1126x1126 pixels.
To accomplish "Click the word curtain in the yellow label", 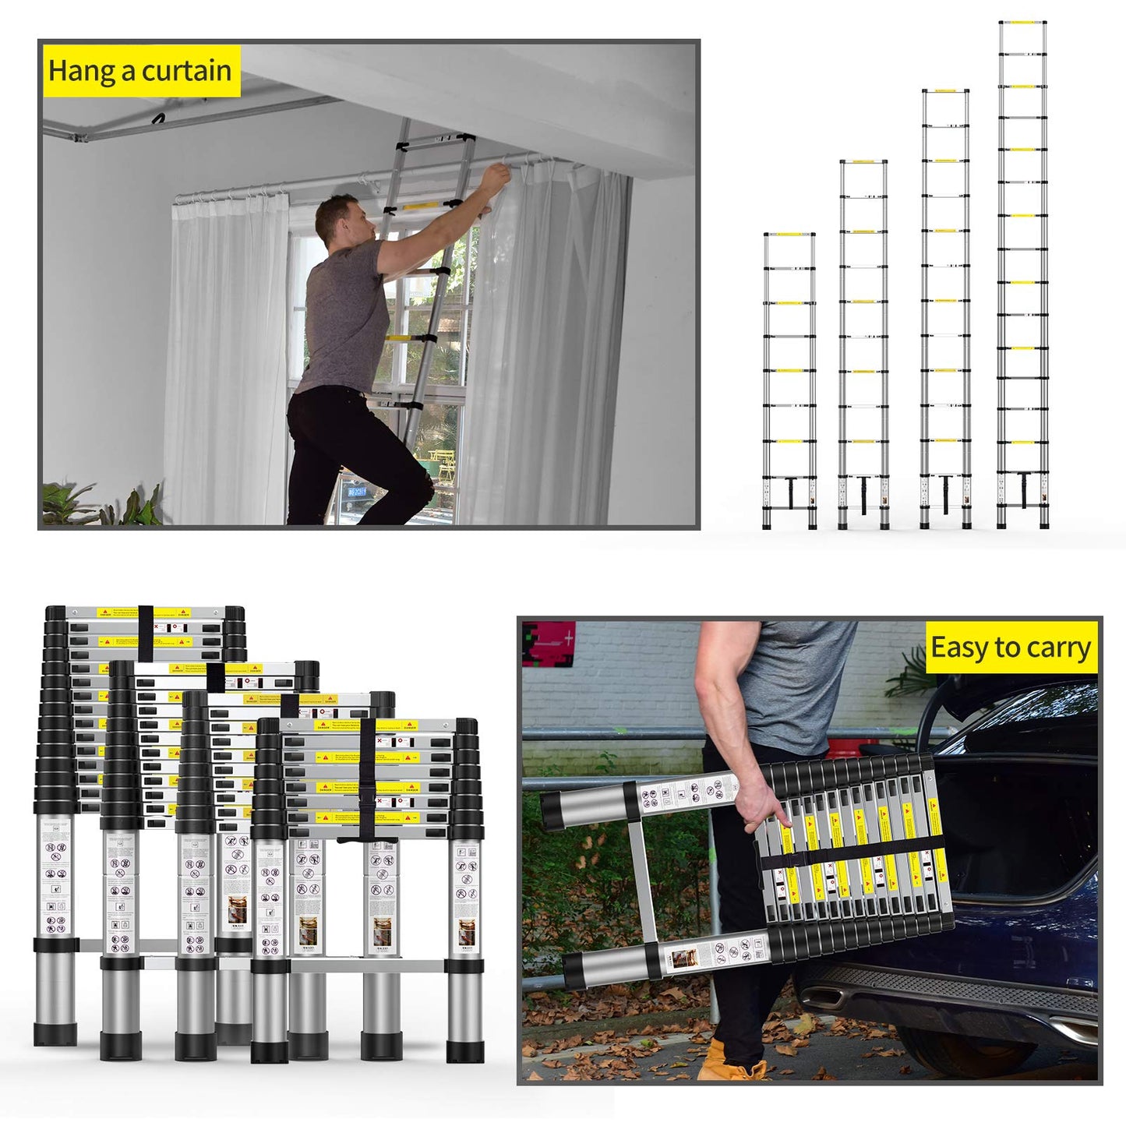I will [186, 71].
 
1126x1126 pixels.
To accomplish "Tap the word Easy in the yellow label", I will [959, 648].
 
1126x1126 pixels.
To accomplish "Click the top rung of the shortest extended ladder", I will [789, 235].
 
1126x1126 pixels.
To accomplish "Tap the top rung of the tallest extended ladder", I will [1022, 23].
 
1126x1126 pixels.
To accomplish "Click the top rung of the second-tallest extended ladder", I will [945, 91].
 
